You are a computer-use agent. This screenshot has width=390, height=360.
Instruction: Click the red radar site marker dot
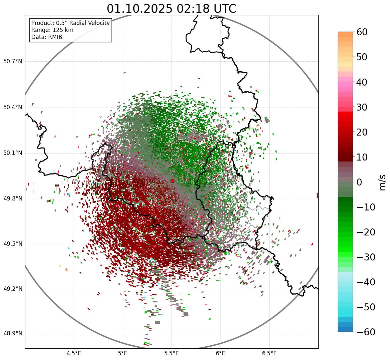[172, 181]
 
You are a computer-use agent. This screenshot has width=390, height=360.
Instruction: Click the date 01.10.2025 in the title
[140, 9]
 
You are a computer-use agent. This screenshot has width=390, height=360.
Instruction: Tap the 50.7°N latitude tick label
[13, 61]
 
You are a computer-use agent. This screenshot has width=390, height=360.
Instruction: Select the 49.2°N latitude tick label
[13, 289]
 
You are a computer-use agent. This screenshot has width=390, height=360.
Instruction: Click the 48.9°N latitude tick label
[13, 334]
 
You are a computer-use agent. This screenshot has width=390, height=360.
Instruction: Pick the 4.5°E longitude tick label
[74, 354]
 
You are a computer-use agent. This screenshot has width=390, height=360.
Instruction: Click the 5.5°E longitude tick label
[172, 354]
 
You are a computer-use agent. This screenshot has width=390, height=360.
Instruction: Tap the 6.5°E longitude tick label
[269, 354]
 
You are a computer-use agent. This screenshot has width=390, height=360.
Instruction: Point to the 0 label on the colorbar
[359, 182]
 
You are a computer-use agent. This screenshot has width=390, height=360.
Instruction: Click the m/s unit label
[383, 182]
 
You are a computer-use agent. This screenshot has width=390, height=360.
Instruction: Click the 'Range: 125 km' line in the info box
[52, 30]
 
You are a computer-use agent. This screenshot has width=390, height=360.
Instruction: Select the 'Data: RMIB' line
[47, 37]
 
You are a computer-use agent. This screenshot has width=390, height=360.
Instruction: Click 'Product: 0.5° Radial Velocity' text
[70, 23]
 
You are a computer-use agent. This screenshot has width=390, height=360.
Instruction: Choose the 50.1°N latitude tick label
[13, 153]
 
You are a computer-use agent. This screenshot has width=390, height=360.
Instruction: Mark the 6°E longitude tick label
[220, 354]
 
